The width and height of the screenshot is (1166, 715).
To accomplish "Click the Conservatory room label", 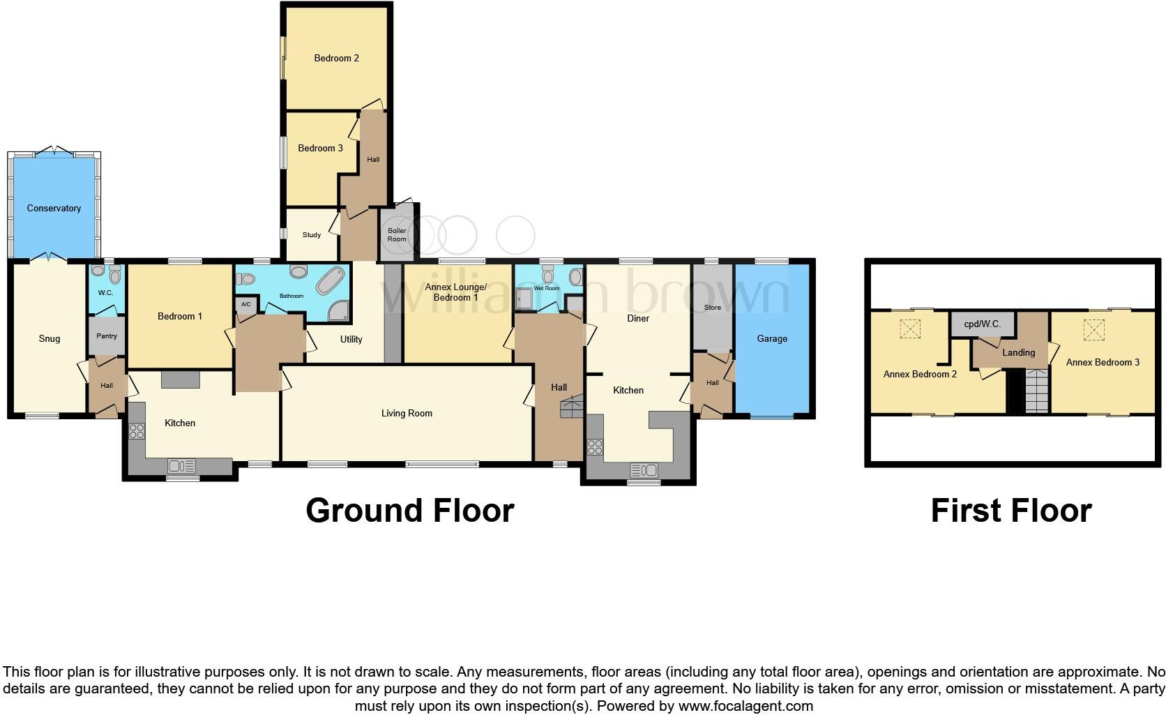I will (x=54, y=208).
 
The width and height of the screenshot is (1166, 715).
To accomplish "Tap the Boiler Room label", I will (x=397, y=235).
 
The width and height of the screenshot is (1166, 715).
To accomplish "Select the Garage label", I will (x=772, y=338).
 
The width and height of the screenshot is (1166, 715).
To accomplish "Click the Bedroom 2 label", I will (x=336, y=58).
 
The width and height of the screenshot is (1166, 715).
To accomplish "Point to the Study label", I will (x=312, y=235).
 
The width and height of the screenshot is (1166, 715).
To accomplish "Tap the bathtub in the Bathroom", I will (x=328, y=280).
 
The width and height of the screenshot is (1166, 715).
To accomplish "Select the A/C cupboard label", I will (x=245, y=305).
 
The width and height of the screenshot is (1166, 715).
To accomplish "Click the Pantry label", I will (x=107, y=336).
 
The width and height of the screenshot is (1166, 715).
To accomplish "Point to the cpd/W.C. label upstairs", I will (x=982, y=324).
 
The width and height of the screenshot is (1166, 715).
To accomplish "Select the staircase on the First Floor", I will (x=1036, y=391).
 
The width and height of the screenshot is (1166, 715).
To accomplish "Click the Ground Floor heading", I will (x=410, y=511).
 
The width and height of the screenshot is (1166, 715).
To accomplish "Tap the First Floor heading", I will (x=1010, y=511).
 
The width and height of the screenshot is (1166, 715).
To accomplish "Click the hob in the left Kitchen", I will (x=137, y=430).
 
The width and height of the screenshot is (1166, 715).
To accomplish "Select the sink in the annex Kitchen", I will (x=644, y=469).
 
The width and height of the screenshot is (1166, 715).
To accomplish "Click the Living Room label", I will (x=407, y=413).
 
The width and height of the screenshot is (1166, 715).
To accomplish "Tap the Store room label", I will (x=712, y=307).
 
